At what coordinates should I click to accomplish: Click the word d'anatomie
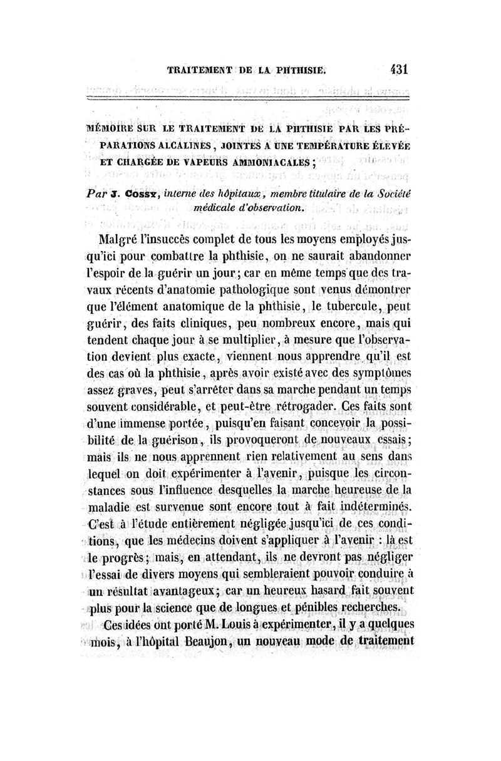click(x=211, y=290)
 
